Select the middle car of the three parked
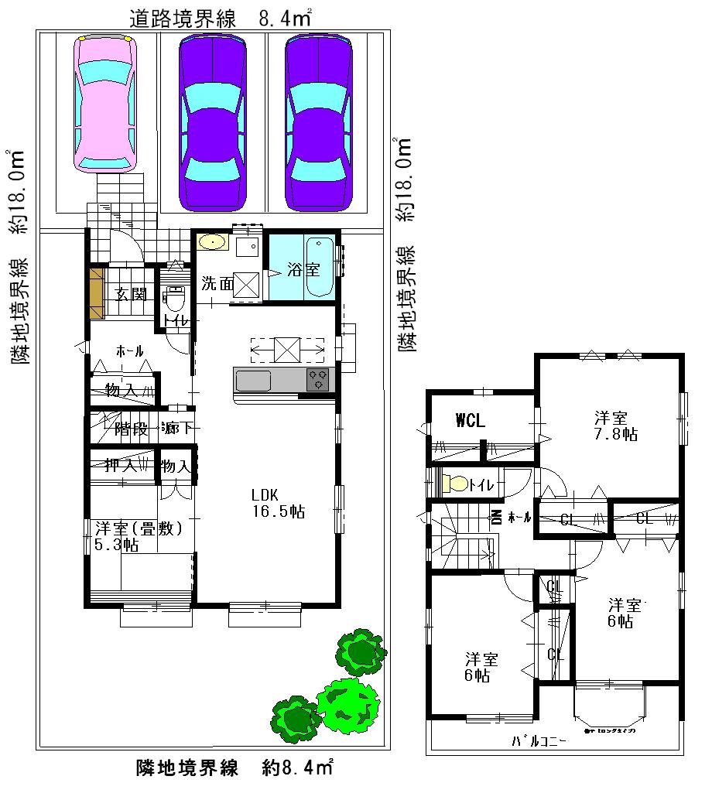[212, 124]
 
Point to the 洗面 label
[217, 284]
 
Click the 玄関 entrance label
[132, 294]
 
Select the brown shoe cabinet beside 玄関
[96, 293]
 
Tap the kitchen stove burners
[318, 380]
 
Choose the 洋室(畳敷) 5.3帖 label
[139, 536]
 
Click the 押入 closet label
[121, 466]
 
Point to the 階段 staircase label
[131, 428]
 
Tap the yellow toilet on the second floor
[456, 484]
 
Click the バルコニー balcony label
[539, 741]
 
